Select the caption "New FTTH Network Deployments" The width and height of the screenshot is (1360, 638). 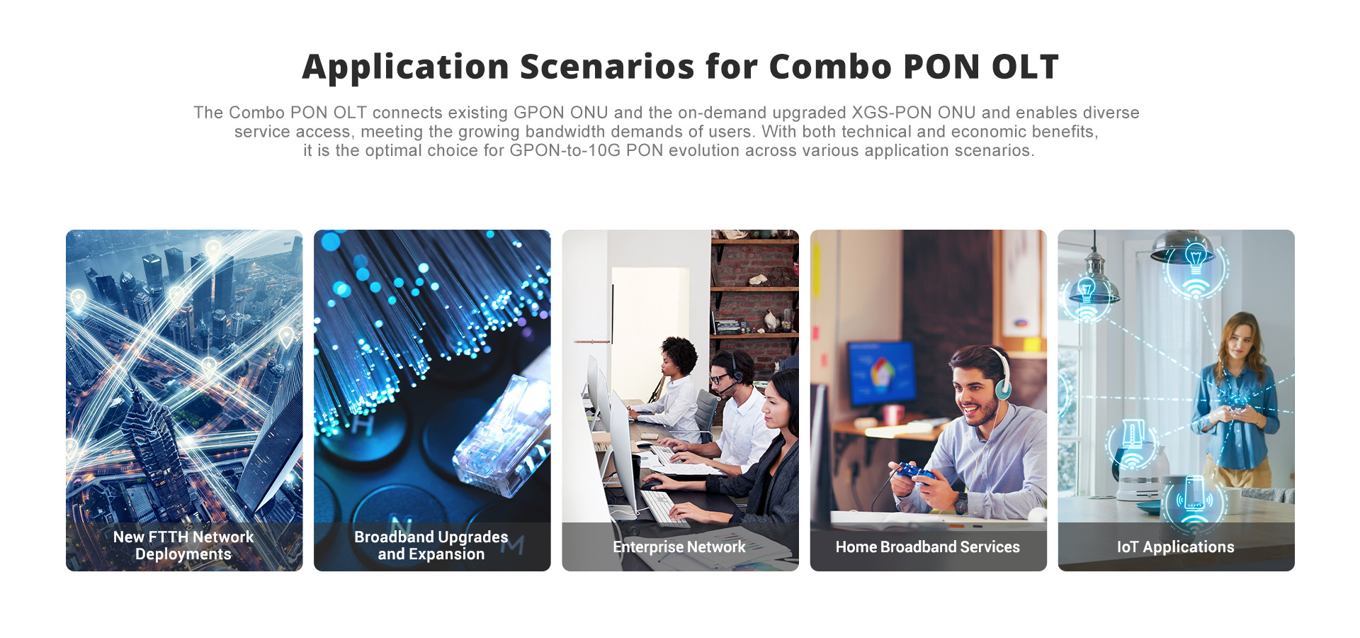(183, 545)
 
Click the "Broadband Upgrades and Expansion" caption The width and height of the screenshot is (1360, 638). (431, 545)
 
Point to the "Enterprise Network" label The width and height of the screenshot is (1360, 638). (679, 547)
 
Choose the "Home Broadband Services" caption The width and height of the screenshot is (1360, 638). (928, 547)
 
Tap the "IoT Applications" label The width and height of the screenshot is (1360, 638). (1176, 547)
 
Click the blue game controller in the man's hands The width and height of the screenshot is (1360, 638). (914, 474)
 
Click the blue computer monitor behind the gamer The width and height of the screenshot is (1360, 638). (882, 373)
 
